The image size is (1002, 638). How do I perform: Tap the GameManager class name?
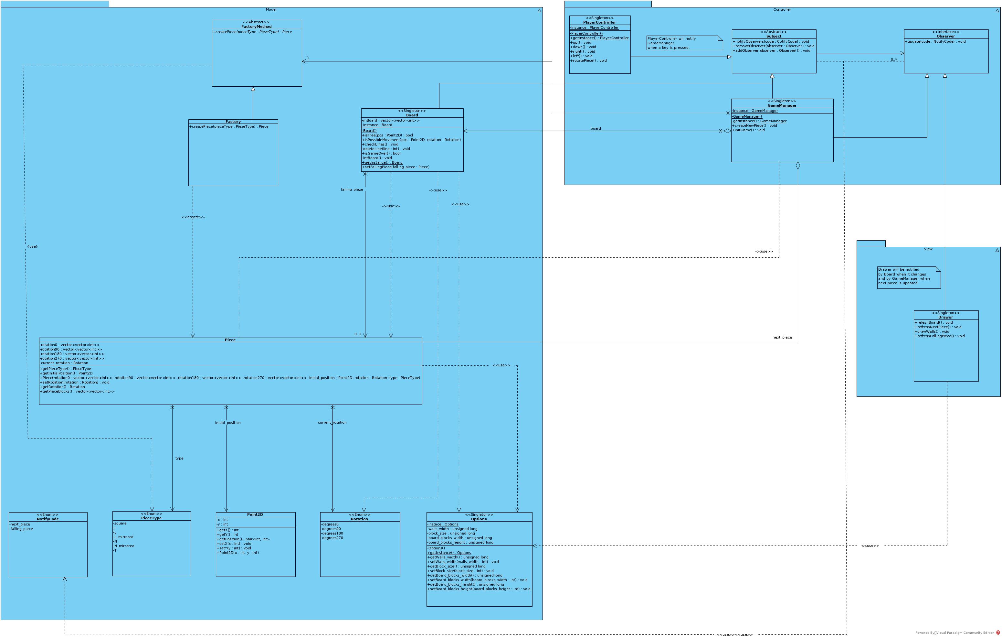[x=782, y=105]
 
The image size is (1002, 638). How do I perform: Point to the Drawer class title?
[x=945, y=317]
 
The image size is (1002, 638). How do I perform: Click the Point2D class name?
[x=255, y=515]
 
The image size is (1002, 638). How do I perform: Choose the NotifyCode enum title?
[x=48, y=519]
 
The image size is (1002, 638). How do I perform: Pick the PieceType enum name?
[x=152, y=518]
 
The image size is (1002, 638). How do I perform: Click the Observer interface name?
[x=946, y=36]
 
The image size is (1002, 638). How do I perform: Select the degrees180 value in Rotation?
[x=332, y=534]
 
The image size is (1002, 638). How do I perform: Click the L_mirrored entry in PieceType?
[x=123, y=537]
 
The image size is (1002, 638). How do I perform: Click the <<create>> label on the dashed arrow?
[x=193, y=217]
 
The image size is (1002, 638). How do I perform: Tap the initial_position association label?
[x=227, y=423]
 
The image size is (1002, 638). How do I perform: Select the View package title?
[x=928, y=249]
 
